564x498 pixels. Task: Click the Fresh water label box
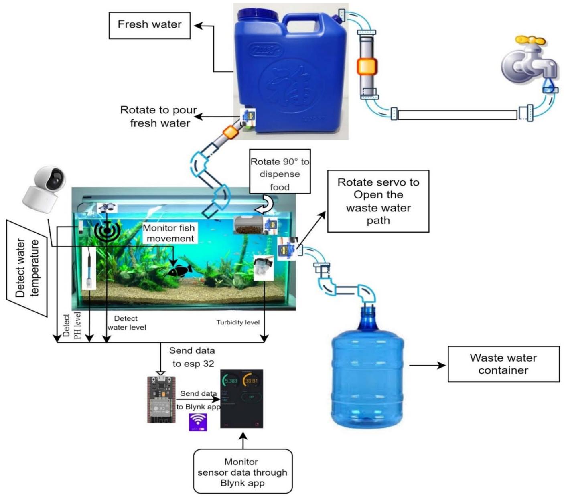149,25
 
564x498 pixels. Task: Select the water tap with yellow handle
528,62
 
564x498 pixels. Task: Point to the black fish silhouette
179,271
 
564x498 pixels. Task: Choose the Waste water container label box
503,364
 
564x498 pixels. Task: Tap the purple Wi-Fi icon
198,422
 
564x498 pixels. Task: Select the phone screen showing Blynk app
241,399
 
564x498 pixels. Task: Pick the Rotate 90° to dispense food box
280,171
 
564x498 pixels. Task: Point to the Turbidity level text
238,322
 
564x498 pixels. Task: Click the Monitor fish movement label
168,233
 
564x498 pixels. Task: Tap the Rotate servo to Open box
378,201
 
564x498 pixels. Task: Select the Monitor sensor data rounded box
242,472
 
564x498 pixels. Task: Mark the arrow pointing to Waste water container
427,365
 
